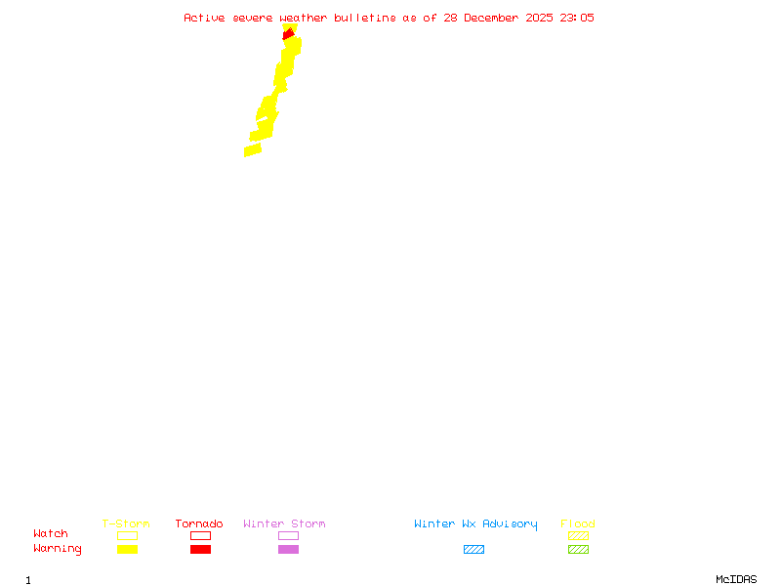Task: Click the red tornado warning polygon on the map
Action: [x=288, y=34]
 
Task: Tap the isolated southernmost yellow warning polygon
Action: [x=253, y=149]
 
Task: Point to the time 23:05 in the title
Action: [x=577, y=18]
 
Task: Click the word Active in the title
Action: [x=205, y=18]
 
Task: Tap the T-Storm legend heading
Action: [x=126, y=523]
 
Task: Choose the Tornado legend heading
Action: [x=199, y=523]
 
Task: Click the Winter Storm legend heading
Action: [x=284, y=523]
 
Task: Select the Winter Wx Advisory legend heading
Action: [x=475, y=523]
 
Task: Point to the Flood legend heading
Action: [x=578, y=523]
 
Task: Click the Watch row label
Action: [x=51, y=534]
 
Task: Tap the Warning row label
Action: [x=58, y=549]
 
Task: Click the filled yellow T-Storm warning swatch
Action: [x=127, y=549]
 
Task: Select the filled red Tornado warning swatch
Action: [x=200, y=549]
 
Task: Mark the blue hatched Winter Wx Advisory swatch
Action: [x=473, y=549]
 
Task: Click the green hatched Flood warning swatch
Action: [x=578, y=549]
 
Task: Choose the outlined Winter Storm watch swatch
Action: [x=288, y=535]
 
